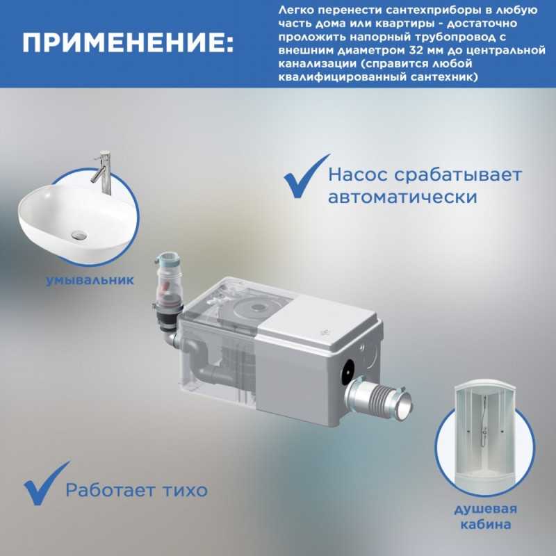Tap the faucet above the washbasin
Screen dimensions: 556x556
click(x=103, y=172)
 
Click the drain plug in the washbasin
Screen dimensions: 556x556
click(x=79, y=234)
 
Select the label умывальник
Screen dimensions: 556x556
click(x=90, y=281)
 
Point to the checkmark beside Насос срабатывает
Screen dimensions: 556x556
click(x=306, y=177)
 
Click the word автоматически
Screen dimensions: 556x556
click(x=402, y=197)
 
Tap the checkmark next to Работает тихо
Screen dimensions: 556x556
click(x=46, y=484)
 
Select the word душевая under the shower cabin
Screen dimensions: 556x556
click(x=485, y=509)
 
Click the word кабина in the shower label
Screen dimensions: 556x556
click(x=485, y=525)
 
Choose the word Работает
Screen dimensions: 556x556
click(x=111, y=491)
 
